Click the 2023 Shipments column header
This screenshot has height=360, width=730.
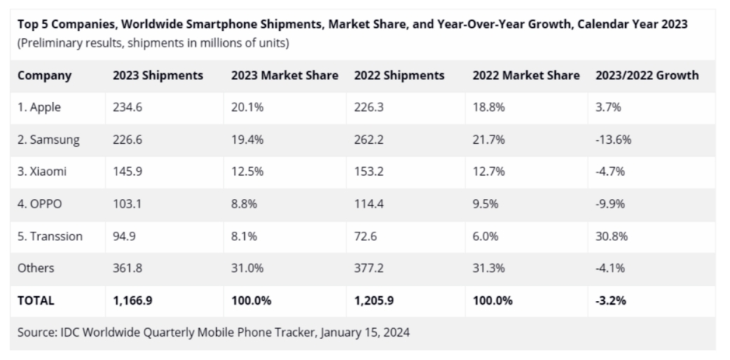pyautogui.click(x=158, y=76)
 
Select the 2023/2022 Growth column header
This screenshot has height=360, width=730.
pyautogui.click(x=647, y=76)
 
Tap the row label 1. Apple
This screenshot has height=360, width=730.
pyautogui.click(x=40, y=108)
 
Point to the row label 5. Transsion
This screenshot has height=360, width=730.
pyautogui.click(x=50, y=236)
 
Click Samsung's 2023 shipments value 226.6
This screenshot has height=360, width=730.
pyautogui.click(x=128, y=140)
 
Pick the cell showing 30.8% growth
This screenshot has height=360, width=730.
pyautogui.click(x=612, y=236)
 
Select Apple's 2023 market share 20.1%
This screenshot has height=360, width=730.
pyautogui.click(x=246, y=108)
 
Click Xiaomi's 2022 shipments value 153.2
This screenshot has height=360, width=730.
pyautogui.click(x=369, y=172)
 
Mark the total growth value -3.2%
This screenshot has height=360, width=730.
pyautogui.click(x=612, y=299)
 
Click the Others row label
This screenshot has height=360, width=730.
pyautogui.click(x=36, y=268)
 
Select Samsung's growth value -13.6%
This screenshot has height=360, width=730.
pyautogui.click(x=615, y=140)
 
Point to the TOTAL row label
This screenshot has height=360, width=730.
pyautogui.click(x=36, y=299)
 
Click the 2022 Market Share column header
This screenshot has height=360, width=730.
pyautogui.click(x=526, y=76)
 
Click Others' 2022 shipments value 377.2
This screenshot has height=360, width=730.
pyautogui.click(x=369, y=268)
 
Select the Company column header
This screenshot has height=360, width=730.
pyautogui.click(x=44, y=76)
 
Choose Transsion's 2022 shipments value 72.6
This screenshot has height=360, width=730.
pyautogui.click(x=366, y=236)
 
